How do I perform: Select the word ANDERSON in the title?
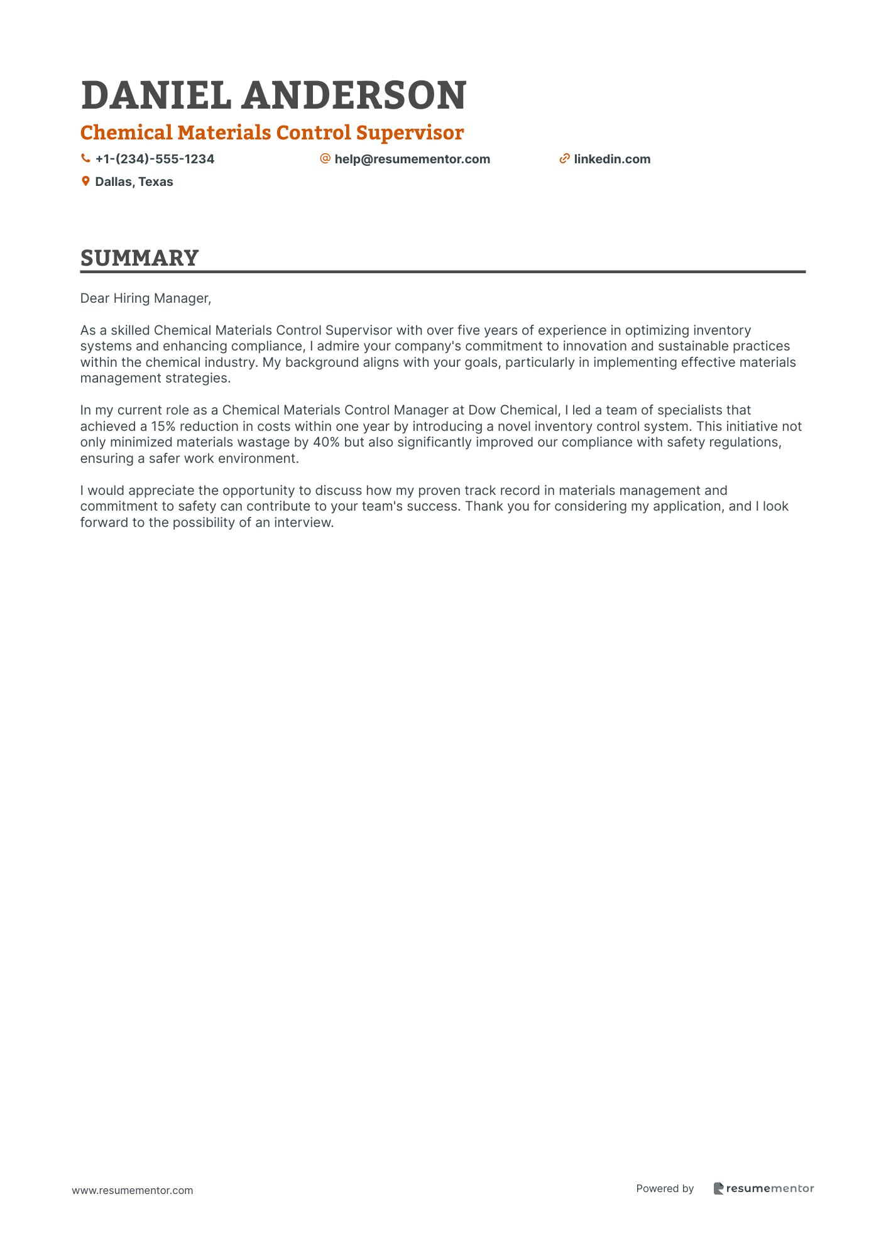click(x=354, y=95)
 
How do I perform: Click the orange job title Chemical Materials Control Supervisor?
click(x=272, y=133)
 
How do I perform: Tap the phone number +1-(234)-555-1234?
click(x=155, y=159)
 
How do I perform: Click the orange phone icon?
click(x=85, y=159)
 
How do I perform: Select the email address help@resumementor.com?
click(x=412, y=159)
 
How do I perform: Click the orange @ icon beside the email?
click(x=325, y=158)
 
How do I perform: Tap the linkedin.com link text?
click(x=612, y=159)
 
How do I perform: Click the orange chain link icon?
click(x=564, y=159)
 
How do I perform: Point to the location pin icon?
click(x=85, y=182)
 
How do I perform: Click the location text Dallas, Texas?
click(x=134, y=182)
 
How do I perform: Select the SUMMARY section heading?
click(x=139, y=258)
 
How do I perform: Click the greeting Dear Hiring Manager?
click(x=146, y=298)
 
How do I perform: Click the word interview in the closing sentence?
click(x=303, y=523)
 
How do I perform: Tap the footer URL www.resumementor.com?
click(x=133, y=1190)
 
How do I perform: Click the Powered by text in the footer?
click(x=665, y=1188)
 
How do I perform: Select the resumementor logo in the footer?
click(x=763, y=1188)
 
